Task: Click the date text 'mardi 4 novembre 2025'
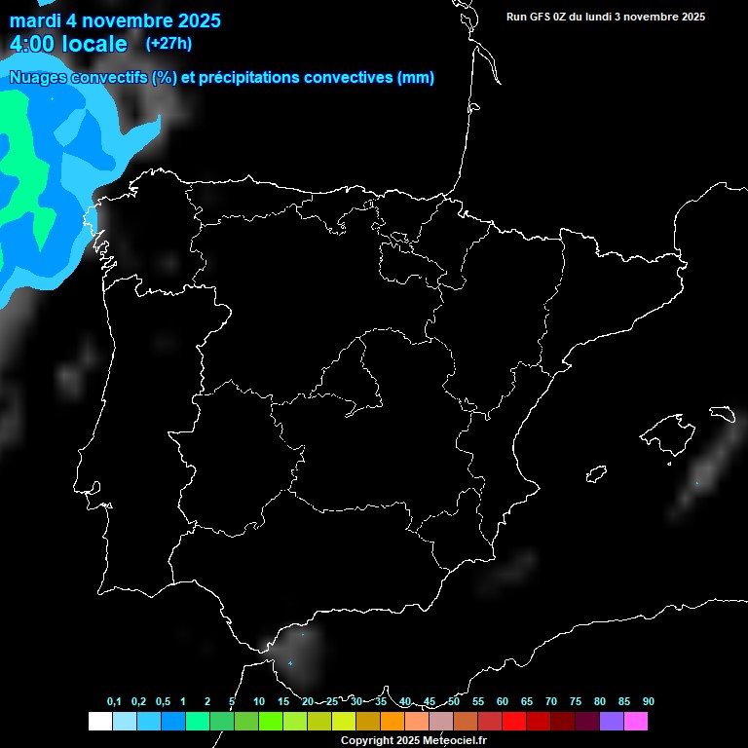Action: (115, 20)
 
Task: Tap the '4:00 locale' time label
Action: (68, 44)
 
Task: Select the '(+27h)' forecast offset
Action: (168, 43)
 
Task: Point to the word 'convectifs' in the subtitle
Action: (107, 78)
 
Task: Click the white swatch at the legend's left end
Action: (99, 722)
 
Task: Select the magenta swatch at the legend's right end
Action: (636, 722)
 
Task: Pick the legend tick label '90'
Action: (648, 701)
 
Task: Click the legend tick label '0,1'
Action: (114, 701)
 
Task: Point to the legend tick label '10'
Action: (258, 701)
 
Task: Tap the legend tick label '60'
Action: (503, 701)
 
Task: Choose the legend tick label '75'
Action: (575, 701)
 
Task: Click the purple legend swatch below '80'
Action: (612, 722)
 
